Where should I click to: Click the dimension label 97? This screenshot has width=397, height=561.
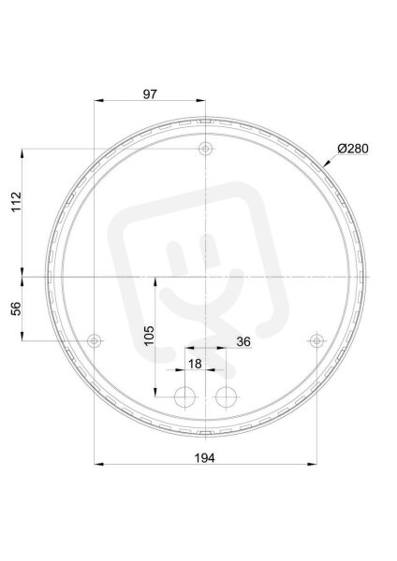(x=150, y=94)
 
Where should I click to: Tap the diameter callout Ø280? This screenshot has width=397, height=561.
(x=353, y=149)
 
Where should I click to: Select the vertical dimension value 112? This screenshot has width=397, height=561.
(x=17, y=202)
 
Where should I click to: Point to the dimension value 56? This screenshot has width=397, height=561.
(x=17, y=309)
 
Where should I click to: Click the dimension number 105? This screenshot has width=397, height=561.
(x=149, y=336)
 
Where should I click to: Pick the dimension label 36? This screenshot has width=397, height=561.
(x=243, y=341)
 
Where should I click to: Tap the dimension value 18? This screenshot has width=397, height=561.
(x=195, y=364)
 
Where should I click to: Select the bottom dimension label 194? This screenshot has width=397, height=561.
(x=205, y=457)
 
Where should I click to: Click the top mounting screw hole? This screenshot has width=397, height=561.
(x=205, y=149)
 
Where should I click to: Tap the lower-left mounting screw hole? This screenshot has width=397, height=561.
(x=95, y=340)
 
